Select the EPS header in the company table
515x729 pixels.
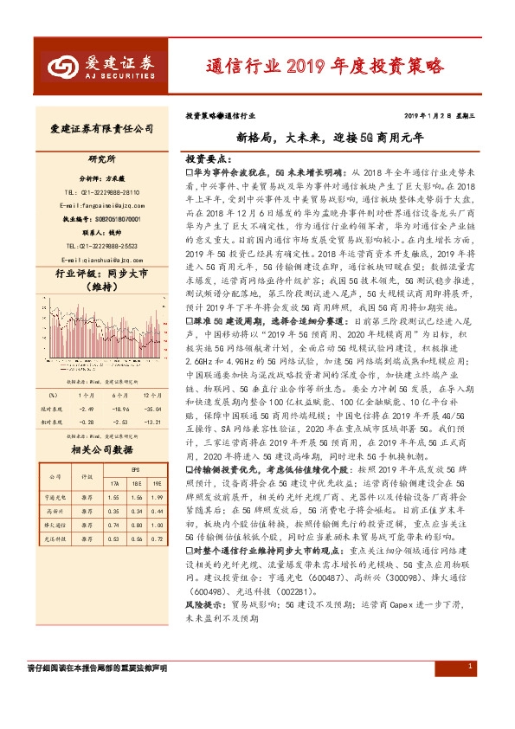tap(134, 469)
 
